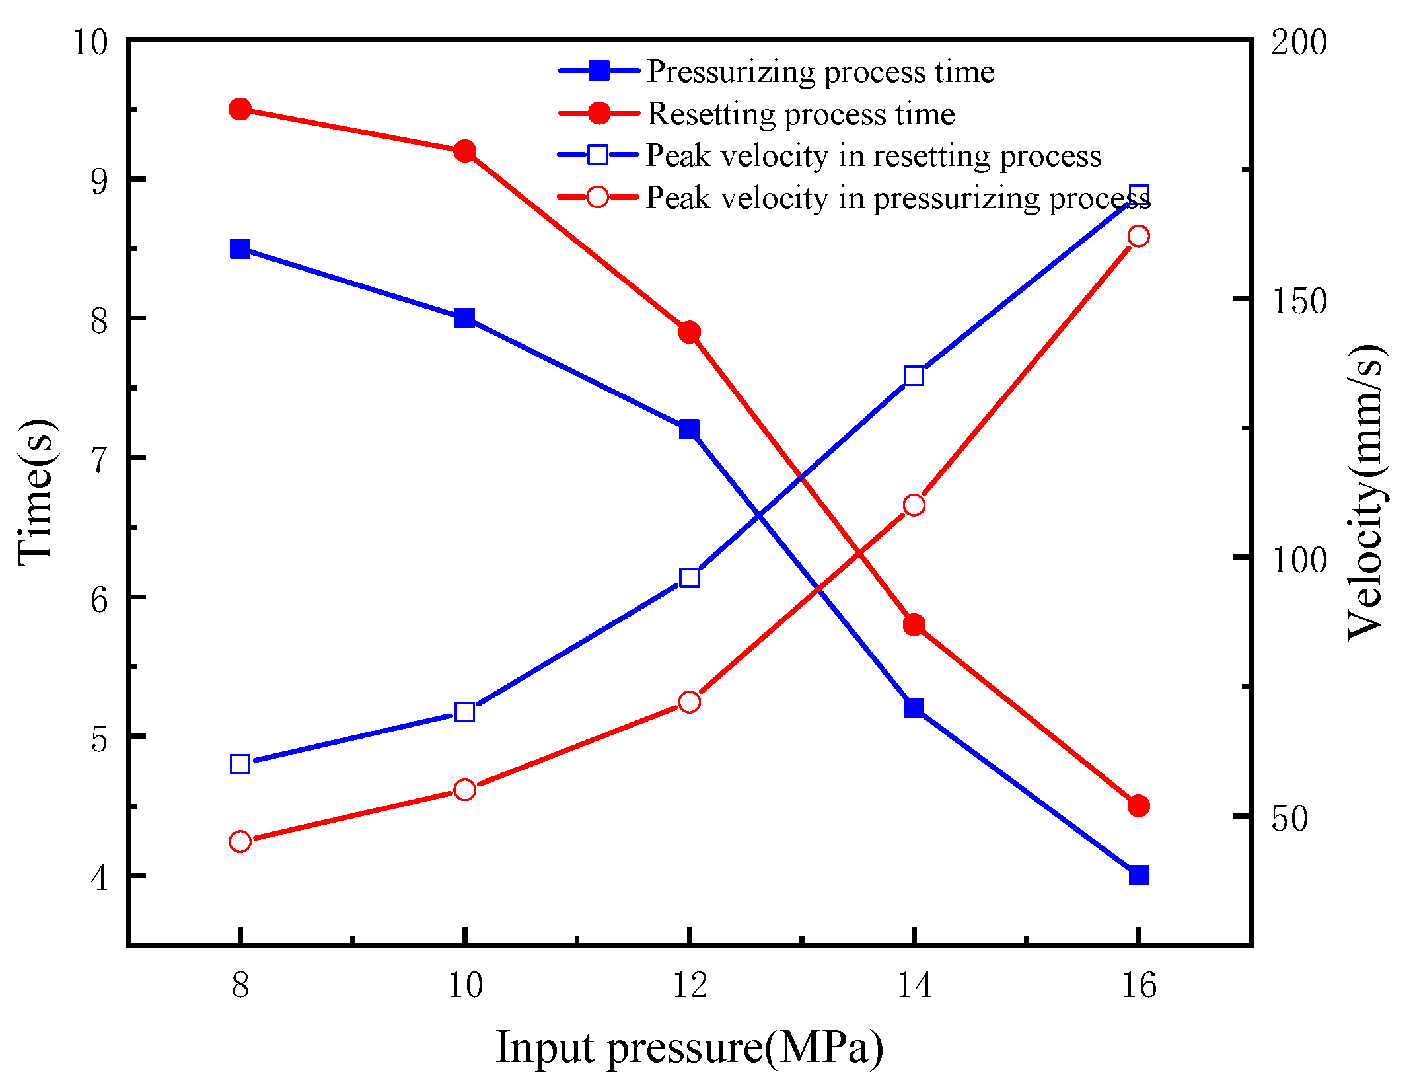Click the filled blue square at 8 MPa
tap(240, 249)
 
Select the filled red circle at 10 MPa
tap(464, 151)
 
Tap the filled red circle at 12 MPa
tap(689, 332)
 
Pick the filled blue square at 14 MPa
tap(914, 708)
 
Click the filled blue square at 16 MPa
tap(1138, 876)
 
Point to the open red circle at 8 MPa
tap(240, 842)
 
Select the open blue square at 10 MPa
tap(464, 712)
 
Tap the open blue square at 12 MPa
tap(689, 578)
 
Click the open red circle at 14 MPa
tap(914, 506)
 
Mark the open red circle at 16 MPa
tap(1138, 236)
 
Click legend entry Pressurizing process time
tap(820, 71)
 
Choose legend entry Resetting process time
tap(800, 114)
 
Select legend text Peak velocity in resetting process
tap(873, 156)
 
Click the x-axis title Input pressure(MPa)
tap(689, 1048)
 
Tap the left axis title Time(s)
tap(36, 492)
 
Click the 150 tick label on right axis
tap(1299, 301)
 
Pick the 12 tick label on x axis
tap(689, 987)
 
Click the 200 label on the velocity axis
tap(1299, 43)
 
